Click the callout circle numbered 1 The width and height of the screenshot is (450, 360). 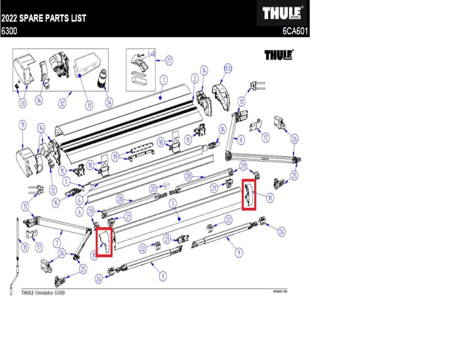click(x=163, y=80)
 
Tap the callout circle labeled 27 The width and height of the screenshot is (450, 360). click(x=169, y=60)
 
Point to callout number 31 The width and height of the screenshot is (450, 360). click(x=89, y=106)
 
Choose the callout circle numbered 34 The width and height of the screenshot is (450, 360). click(x=108, y=103)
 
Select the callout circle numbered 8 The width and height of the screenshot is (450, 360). click(x=241, y=140)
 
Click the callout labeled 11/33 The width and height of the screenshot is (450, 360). click(x=228, y=68)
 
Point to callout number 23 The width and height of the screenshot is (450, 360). click(x=167, y=238)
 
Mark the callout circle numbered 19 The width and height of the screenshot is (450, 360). click(x=116, y=157)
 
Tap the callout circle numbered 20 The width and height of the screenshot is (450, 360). click(x=153, y=189)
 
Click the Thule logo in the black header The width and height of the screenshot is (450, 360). click(x=282, y=14)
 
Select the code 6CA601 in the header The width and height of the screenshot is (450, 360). click(x=295, y=32)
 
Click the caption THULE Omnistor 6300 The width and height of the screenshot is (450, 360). click(x=43, y=292)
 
